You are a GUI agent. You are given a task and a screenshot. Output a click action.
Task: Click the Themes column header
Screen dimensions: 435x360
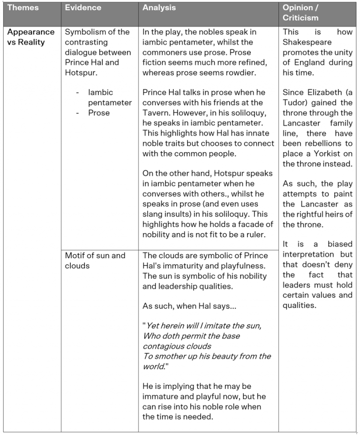(x=23, y=8)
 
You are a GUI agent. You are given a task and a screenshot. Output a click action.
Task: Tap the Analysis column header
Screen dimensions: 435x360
(x=159, y=8)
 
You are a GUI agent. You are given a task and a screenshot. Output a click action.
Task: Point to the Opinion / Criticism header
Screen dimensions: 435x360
(x=300, y=13)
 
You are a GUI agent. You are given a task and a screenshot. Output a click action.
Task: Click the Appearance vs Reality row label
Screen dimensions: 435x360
(x=30, y=37)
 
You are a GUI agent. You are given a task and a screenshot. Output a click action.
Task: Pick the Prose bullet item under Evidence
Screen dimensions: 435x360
(x=99, y=113)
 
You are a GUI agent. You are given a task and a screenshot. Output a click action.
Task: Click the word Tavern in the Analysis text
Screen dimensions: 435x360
(x=156, y=113)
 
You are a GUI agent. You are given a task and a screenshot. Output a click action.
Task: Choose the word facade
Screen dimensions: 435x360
(x=248, y=224)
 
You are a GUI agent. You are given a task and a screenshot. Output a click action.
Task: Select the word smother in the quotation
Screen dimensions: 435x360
(x=169, y=356)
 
